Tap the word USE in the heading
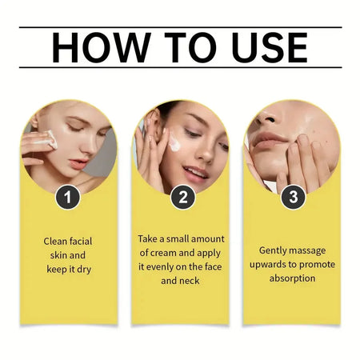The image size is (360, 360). click(265, 49)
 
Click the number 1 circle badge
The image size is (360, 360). click(68, 195)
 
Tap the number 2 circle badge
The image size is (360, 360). click(182, 196)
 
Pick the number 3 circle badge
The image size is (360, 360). click(292, 194)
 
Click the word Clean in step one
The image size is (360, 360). click(58, 240)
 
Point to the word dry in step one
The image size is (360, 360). click(83, 269)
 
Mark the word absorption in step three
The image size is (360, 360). click(292, 278)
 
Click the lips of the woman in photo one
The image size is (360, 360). click(77, 163)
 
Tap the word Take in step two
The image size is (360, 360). click(150, 238)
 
